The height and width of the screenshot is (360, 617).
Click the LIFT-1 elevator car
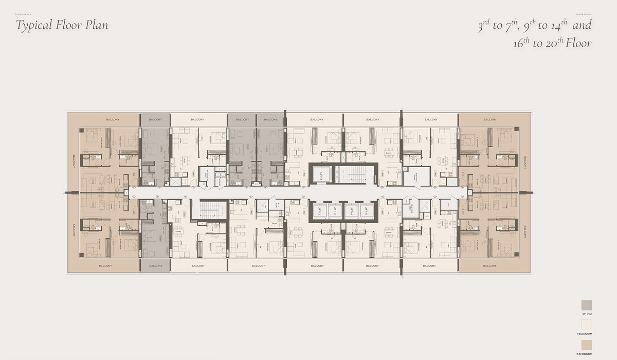pyautogui.click(x=320, y=174)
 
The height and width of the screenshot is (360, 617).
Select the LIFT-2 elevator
pyautogui.click(x=319, y=211)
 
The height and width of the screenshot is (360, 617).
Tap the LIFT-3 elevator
pyautogui.click(x=335, y=211)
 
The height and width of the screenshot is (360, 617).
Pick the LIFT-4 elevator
pyautogui.click(x=351, y=211)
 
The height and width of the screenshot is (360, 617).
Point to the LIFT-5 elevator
pyautogui.click(x=367, y=211)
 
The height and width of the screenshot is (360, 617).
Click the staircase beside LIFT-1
pyautogui.click(x=354, y=174)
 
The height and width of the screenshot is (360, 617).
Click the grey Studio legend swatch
pyautogui.click(x=587, y=305)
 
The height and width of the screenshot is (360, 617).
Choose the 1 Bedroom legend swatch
pyautogui.click(x=587, y=325)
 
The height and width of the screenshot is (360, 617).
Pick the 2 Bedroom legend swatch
pyautogui.click(x=587, y=345)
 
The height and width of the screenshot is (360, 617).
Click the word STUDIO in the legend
pyautogui.click(x=587, y=314)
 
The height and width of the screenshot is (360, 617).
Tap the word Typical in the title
pyautogui.click(x=35, y=25)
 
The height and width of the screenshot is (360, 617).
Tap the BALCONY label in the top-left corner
pyautogui.click(x=113, y=120)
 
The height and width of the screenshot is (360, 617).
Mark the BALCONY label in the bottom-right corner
pyautogui.click(x=489, y=266)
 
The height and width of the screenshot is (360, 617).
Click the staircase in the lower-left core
pyautogui.click(x=209, y=210)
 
